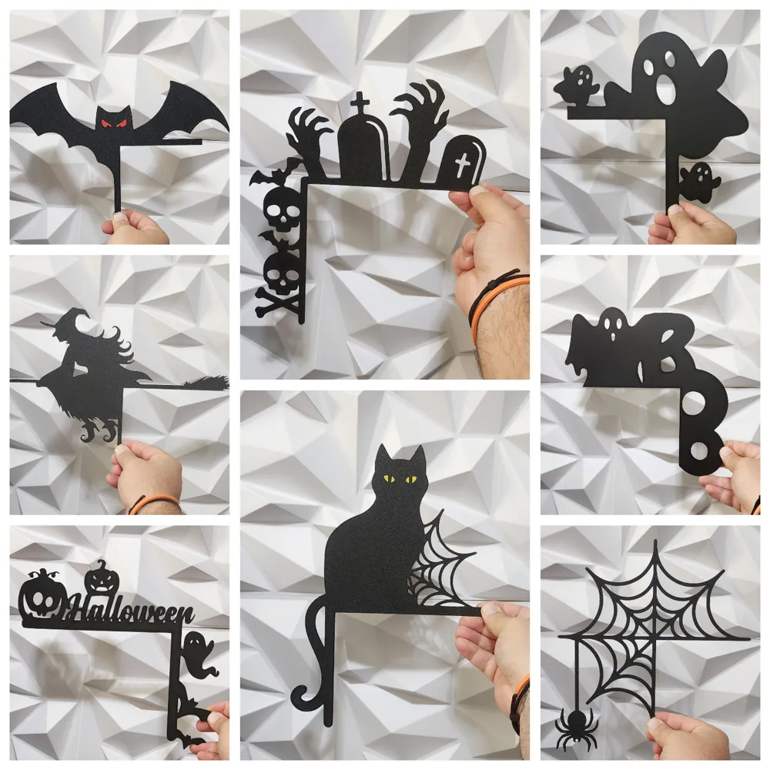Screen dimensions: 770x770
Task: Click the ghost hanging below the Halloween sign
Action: pyautogui.click(x=198, y=651)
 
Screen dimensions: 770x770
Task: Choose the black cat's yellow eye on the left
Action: pyautogui.click(x=390, y=479)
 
